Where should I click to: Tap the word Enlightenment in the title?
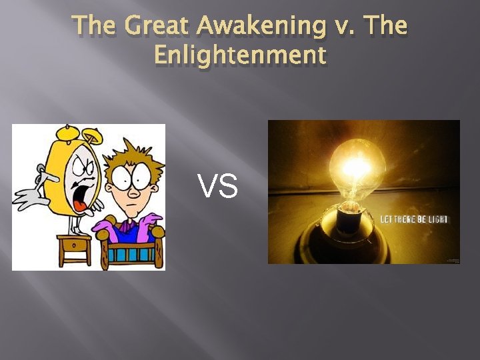240,55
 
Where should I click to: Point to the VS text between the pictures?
218,187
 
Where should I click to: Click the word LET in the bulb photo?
389,219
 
